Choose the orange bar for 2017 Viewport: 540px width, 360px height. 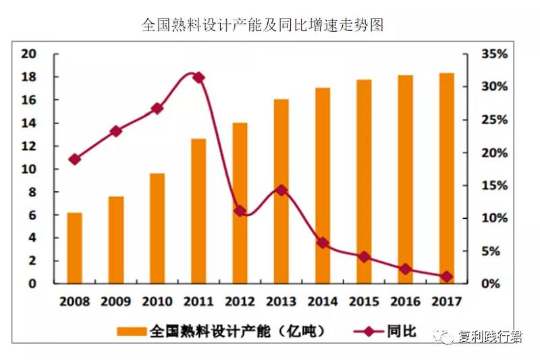[x=447, y=178]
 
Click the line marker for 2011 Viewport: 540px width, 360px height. [x=198, y=78]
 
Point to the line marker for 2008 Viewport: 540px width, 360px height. [x=74, y=159]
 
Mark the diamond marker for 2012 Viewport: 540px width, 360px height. [x=240, y=211]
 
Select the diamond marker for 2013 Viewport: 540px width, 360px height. [x=281, y=190]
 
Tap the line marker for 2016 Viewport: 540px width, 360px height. [x=405, y=269]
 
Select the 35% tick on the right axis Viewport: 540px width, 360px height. [x=494, y=54]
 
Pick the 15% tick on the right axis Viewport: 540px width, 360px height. [x=494, y=185]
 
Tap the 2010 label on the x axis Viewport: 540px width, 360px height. [x=157, y=301]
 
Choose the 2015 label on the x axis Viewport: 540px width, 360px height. [x=364, y=301]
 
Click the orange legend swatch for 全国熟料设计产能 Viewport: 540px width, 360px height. [x=132, y=332]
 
